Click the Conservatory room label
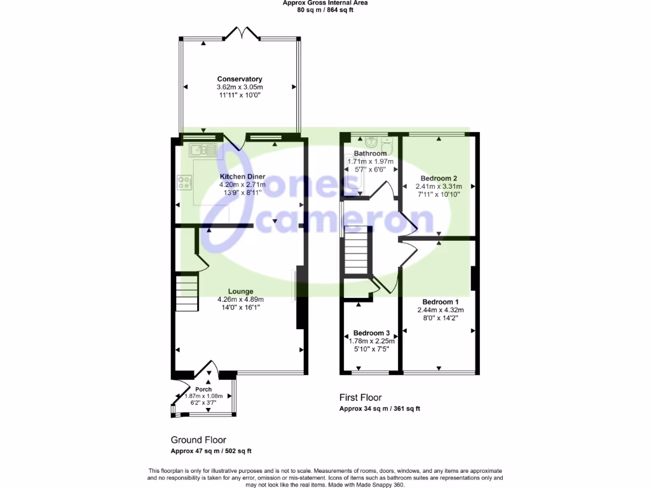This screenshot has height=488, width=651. pos(240,79)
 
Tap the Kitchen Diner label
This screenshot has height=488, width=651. pos(242,176)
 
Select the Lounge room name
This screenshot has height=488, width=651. pos(240,292)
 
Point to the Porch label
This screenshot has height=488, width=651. pos(203,390)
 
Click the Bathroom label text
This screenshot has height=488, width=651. pos(370,154)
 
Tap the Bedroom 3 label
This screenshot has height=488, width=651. pos(371,333)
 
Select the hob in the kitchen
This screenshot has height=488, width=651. pos(185,183)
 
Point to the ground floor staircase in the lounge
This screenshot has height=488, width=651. pos(186,293)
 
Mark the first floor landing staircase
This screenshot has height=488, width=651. pos(357,252)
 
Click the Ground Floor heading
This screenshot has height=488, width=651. pos(198,440)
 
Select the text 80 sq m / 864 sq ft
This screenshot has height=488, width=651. pos(325,10)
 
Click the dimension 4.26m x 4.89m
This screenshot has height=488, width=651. pos(240,300)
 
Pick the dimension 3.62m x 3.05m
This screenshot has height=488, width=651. pos(240,87)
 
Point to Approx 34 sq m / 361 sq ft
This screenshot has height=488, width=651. pos(380,409)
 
